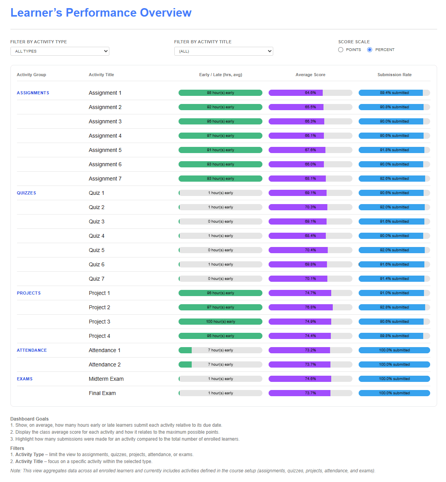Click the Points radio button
click(340, 50)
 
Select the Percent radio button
click(370, 50)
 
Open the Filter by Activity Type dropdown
click(60, 51)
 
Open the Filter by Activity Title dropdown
click(223, 51)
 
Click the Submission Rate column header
click(394, 75)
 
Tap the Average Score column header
click(310, 75)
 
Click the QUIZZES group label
click(26, 193)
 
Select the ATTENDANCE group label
click(32, 350)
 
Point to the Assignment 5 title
click(105, 150)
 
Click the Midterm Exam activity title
click(106, 379)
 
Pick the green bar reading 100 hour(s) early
click(220, 322)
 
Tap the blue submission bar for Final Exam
click(394, 393)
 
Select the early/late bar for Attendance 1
click(220, 350)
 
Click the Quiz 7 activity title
click(97, 279)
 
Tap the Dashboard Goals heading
click(29, 419)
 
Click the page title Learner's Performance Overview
click(101, 13)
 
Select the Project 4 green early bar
click(220, 336)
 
